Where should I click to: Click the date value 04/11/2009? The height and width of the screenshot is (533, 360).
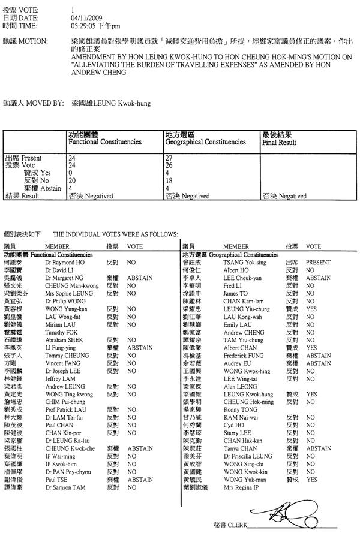click(84, 18)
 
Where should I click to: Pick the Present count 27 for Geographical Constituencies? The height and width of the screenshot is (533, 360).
click(168, 158)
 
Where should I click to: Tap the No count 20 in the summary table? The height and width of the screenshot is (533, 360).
click(72, 179)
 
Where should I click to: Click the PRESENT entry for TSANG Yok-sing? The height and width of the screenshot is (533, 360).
click(318, 263)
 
